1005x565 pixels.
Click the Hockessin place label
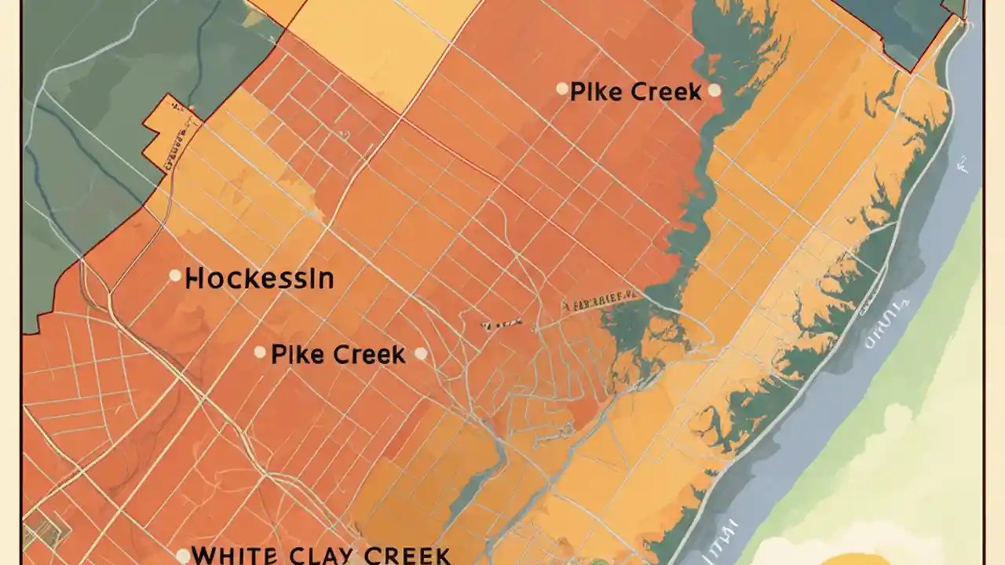pyautogui.click(x=259, y=279)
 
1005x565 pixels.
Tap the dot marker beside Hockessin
pyautogui.click(x=175, y=276)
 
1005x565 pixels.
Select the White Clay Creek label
pyautogui.click(x=320, y=555)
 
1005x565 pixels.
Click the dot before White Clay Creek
pyautogui.click(x=182, y=556)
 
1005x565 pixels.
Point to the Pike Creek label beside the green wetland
pyautogui.click(x=635, y=92)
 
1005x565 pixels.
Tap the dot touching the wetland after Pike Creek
pyautogui.click(x=714, y=90)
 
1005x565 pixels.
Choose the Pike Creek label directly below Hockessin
pyautogui.click(x=338, y=355)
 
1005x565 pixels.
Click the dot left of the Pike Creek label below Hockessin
pyautogui.click(x=260, y=353)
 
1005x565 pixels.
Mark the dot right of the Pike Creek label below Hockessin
pyautogui.click(x=421, y=354)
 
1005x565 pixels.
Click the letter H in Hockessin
pyautogui.click(x=194, y=279)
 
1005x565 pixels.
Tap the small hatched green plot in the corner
pyautogui.click(x=35, y=534)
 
